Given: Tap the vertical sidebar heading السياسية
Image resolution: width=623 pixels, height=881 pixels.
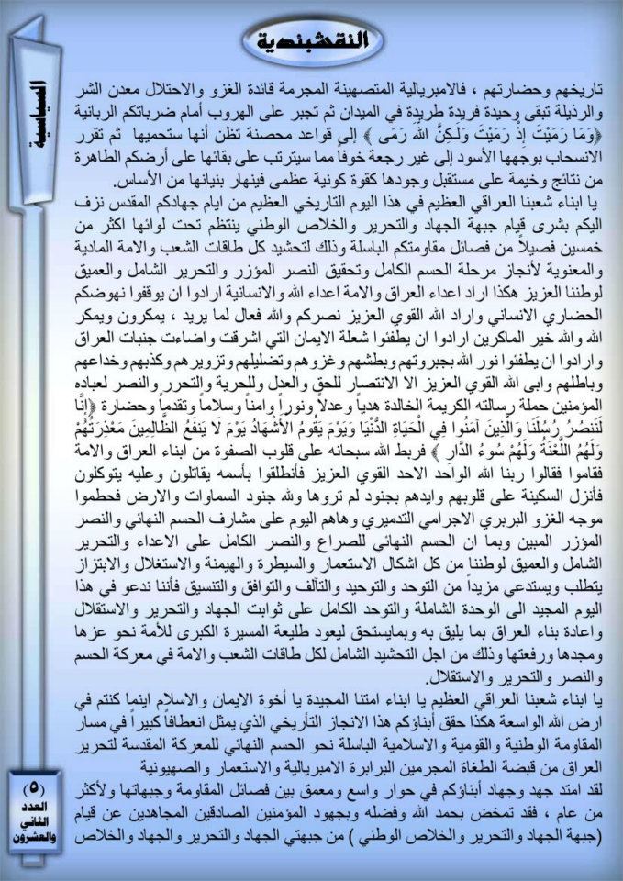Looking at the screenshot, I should point(38,116).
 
